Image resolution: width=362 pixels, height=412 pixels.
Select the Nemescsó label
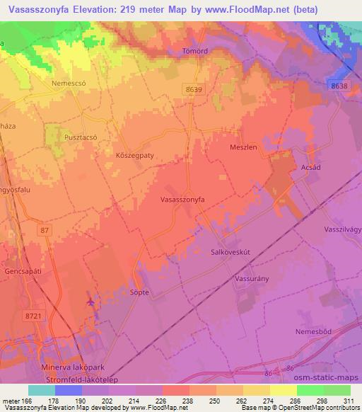pos(69,83)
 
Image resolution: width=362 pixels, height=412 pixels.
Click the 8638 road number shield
pos(339,86)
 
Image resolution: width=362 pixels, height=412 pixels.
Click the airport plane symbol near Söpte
pos(91,302)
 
